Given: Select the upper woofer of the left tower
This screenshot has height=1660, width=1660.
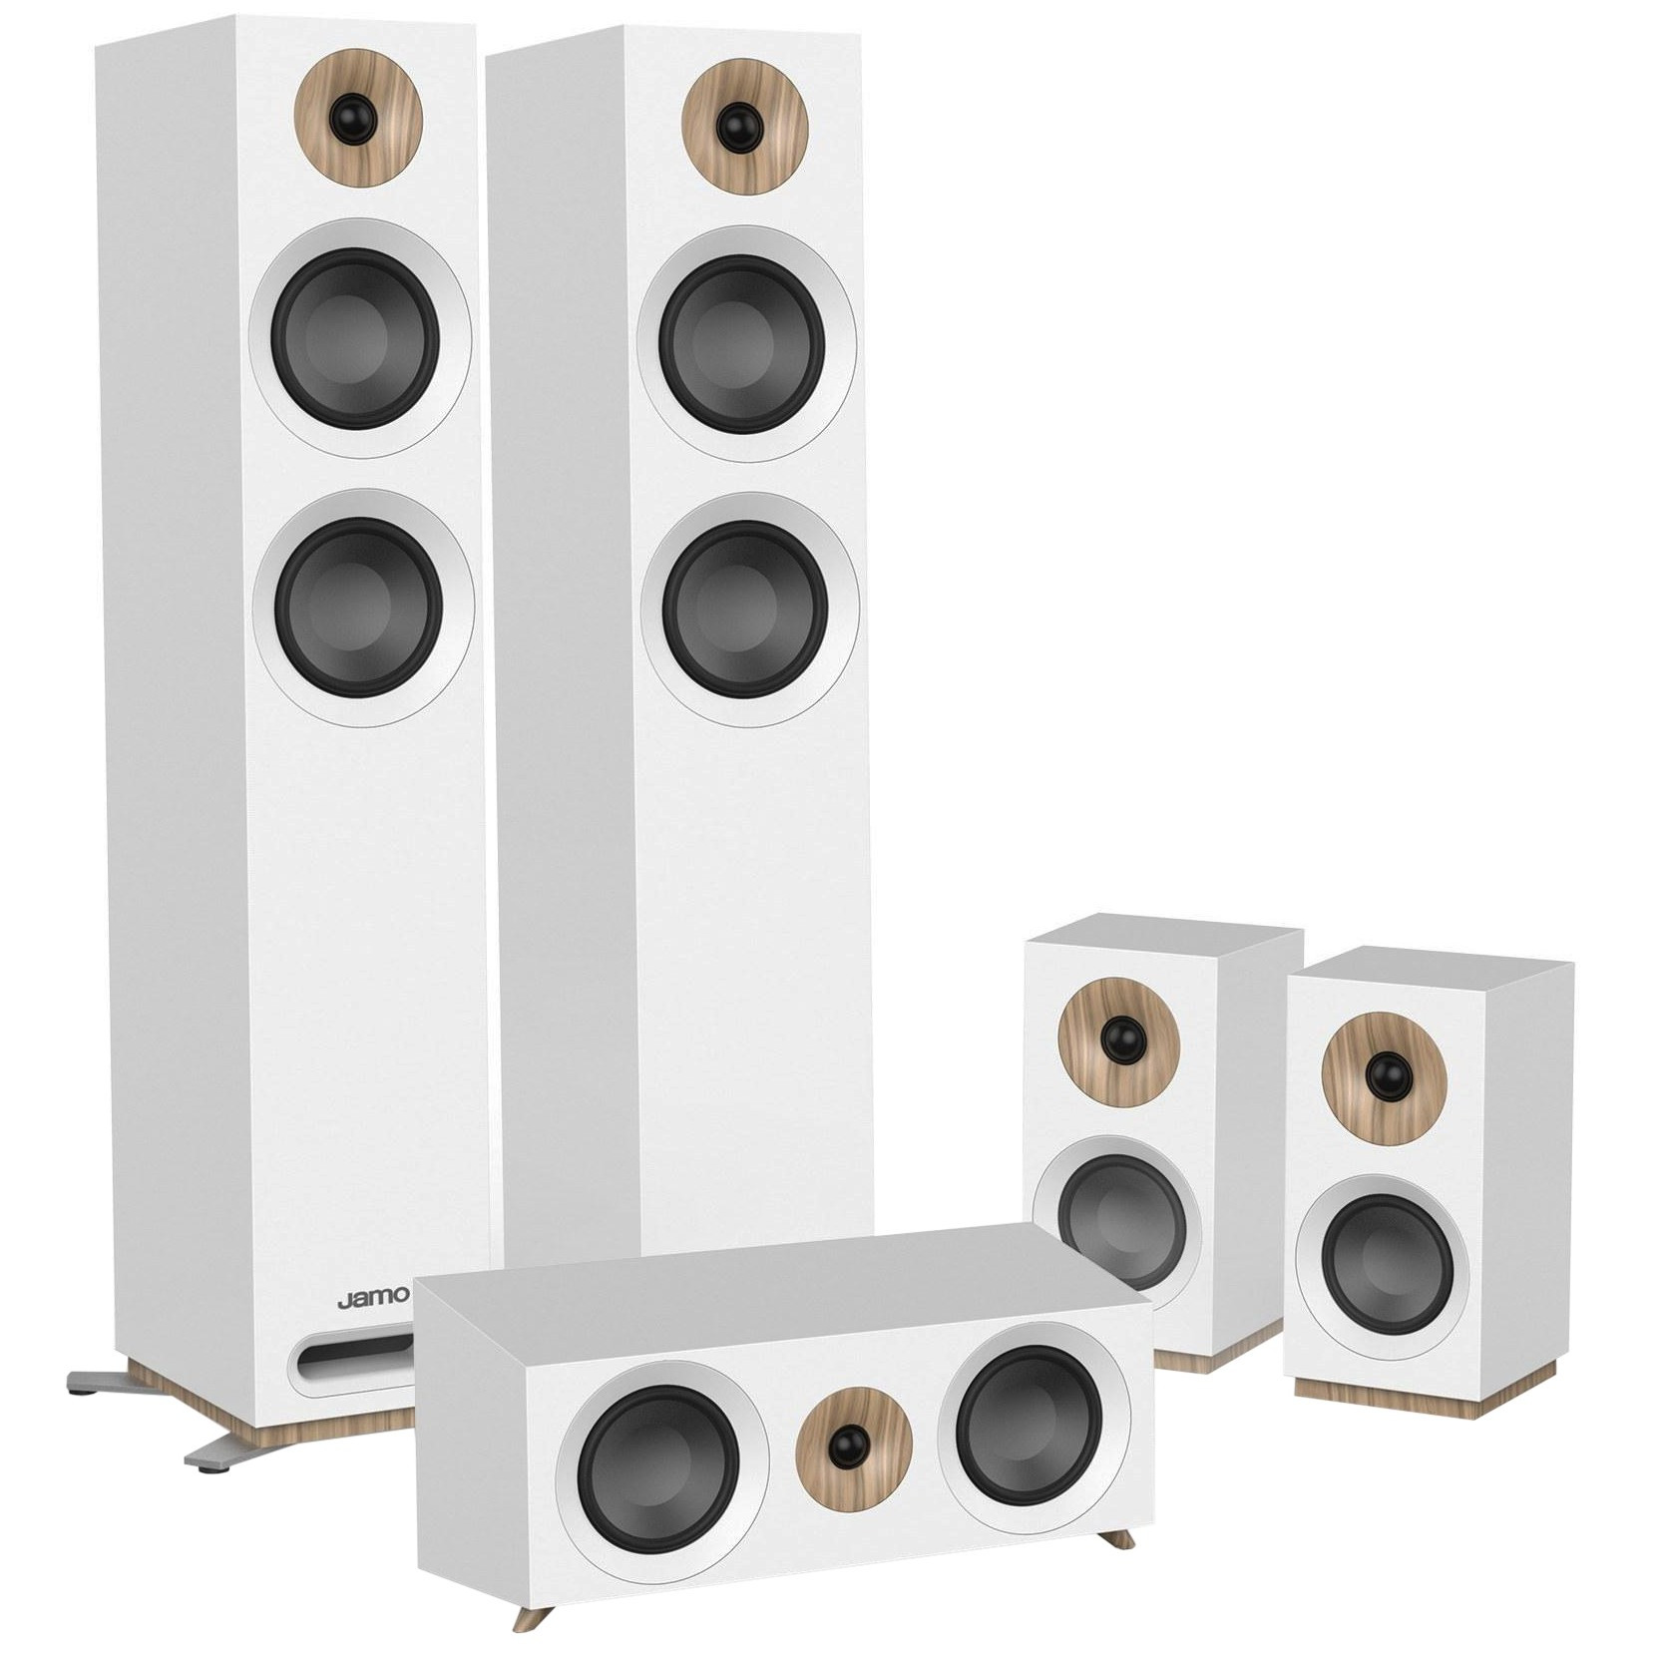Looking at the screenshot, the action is (359, 339).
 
